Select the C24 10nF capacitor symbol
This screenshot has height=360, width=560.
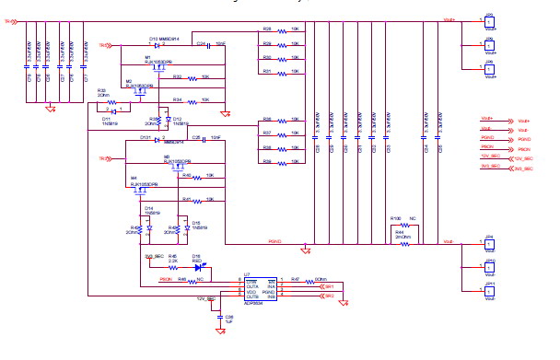pyautogui.click(x=207, y=44)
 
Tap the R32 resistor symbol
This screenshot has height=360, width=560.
pyautogui.click(x=192, y=78)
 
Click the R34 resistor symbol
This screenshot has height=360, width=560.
pyautogui.click(x=192, y=100)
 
